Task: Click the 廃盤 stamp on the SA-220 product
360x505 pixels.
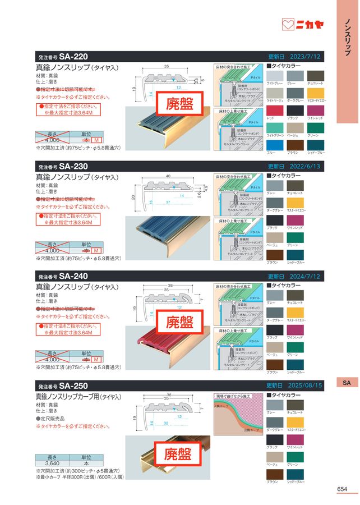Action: click(181, 104)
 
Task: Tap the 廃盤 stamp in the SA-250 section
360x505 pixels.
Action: click(181, 453)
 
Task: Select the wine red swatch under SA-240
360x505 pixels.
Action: click(296, 329)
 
